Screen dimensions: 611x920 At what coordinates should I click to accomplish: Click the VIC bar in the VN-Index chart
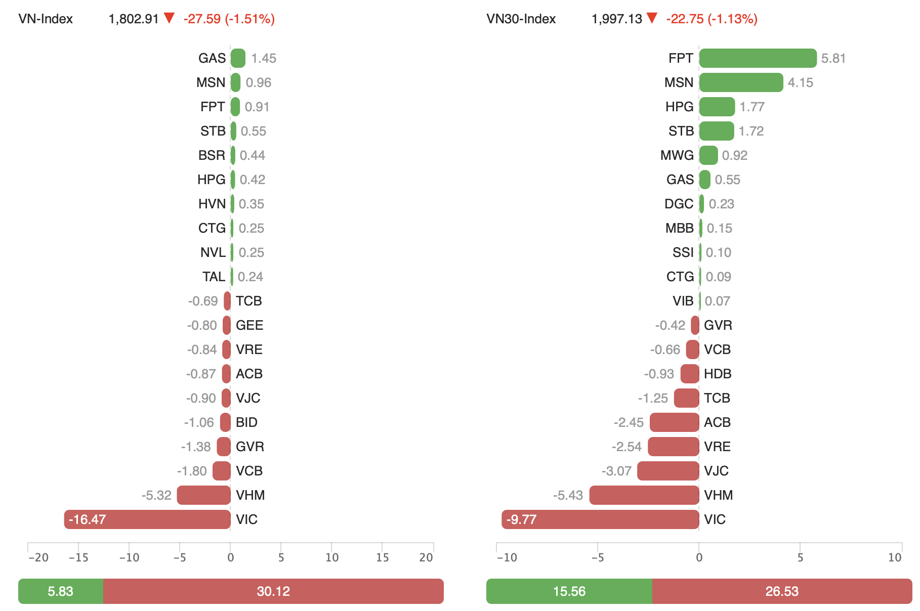coord(147,519)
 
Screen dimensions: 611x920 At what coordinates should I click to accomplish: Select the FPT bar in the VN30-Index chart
coord(758,58)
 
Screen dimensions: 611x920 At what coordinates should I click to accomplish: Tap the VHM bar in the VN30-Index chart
coord(644,495)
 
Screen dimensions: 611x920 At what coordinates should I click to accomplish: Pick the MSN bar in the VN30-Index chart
coord(741,82)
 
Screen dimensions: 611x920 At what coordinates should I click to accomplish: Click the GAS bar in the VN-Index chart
coord(238,58)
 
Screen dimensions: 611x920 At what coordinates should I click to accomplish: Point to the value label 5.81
coord(833,58)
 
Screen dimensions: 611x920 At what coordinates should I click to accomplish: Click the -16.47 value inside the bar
coord(87,519)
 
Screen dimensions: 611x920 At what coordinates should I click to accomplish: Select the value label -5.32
coord(156,495)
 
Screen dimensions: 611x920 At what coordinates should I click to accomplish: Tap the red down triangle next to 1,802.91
coord(169,19)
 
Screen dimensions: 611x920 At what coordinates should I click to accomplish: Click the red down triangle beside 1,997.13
coord(652,19)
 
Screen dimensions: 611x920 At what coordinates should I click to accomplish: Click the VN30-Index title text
coord(521,19)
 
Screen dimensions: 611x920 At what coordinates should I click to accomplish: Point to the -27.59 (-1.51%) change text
coord(229,19)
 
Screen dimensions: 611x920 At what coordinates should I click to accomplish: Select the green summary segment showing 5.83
coord(60,591)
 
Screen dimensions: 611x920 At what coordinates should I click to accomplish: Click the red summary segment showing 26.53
coord(782,591)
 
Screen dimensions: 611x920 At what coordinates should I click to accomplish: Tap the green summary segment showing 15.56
coord(569,591)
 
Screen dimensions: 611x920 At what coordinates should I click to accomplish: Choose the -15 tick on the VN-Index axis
coord(78,557)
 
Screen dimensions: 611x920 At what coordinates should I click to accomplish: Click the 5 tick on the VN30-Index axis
coord(800,557)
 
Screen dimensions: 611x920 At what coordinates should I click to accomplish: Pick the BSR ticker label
coord(212,155)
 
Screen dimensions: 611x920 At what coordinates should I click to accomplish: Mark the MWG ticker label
coord(677,155)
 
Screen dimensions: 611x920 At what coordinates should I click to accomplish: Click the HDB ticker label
coord(718,374)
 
